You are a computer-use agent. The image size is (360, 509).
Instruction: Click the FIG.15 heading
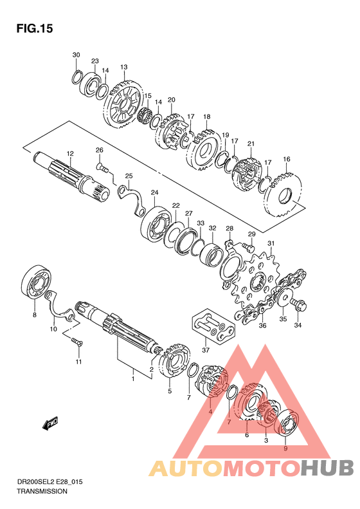tap(35, 28)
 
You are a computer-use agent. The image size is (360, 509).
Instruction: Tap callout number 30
tap(76, 55)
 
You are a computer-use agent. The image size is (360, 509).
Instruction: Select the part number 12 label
tap(70, 154)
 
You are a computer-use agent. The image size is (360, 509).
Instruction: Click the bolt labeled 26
tap(102, 167)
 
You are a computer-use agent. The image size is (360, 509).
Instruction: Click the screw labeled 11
tap(76, 341)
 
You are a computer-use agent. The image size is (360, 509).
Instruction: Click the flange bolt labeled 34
tap(299, 305)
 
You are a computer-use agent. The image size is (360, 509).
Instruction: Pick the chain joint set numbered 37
tap(213, 326)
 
